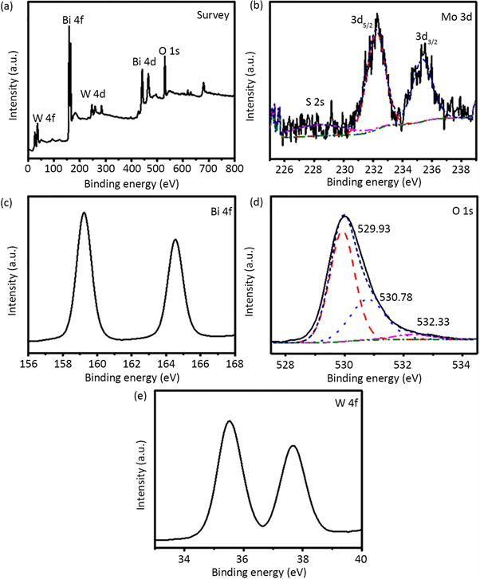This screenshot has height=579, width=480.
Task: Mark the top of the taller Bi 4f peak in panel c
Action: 84,213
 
